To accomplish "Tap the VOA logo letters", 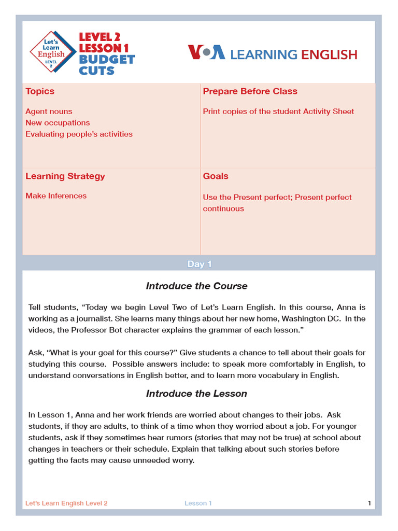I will click(206, 52).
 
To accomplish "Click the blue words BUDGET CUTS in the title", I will click(106, 65).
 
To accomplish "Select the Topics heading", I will click(40, 91).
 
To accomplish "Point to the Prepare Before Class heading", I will click(250, 91).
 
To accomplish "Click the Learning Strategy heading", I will click(65, 176).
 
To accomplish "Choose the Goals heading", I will click(216, 176).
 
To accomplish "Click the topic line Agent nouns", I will click(49, 111).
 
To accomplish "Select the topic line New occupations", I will click(58, 123).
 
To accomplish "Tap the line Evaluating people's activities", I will click(79, 134).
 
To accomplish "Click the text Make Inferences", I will click(56, 196).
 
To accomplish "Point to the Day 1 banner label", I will click(199, 264).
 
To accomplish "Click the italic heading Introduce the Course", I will click(196, 286).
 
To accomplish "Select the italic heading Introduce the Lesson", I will click(196, 394).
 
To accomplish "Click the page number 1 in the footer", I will click(369, 503).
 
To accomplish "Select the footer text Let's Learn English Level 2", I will click(66, 503).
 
